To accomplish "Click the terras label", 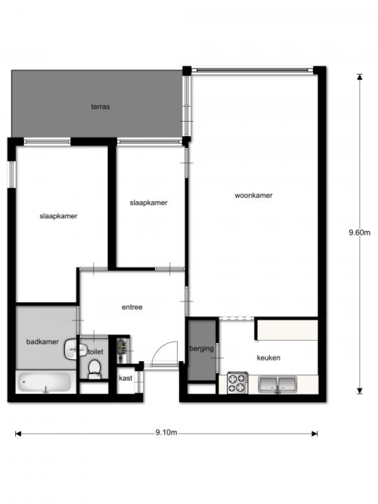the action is click(x=101, y=107).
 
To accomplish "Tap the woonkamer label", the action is click(x=253, y=195).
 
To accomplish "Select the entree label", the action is click(x=132, y=307).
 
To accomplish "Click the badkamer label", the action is click(x=42, y=342).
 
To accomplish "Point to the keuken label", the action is click(x=268, y=357).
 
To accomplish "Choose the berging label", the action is click(x=201, y=348).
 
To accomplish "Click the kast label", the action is click(x=125, y=378).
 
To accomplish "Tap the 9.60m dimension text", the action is click(x=360, y=233).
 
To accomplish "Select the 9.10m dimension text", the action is click(x=166, y=432).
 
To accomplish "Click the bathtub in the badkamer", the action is click(x=44, y=382).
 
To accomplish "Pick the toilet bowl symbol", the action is click(x=94, y=369).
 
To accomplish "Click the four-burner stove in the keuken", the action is click(x=237, y=383).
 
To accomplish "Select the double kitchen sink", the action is click(x=277, y=385).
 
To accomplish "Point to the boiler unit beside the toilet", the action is click(x=122, y=349).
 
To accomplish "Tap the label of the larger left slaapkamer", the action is click(x=58, y=216).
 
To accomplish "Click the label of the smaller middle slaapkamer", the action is click(x=148, y=203).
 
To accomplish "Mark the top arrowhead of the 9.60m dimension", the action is click(x=360, y=77).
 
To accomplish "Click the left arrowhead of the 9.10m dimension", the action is click(x=18, y=434).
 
